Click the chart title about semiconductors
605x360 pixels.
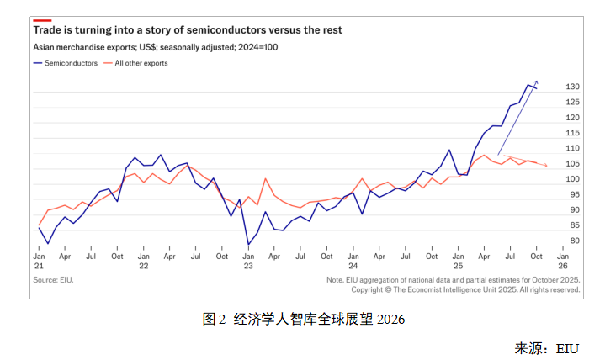[x=188, y=29]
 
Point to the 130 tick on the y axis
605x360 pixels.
[x=571, y=87]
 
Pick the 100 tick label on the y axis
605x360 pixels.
[x=571, y=179]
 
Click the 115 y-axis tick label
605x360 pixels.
[x=571, y=133]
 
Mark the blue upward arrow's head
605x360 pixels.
[x=536, y=82]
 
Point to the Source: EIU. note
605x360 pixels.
[x=53, y=279]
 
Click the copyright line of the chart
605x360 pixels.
[x=465, y=289]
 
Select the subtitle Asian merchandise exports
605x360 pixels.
[x=156, y=47]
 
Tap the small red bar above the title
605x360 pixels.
[x=42, y=19]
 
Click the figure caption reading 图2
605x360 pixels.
[x=304, y=319]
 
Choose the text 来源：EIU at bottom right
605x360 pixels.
[x=547, y=347]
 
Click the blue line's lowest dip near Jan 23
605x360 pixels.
[x=248, y=244]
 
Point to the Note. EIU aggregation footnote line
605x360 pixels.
[x=453, y=279]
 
